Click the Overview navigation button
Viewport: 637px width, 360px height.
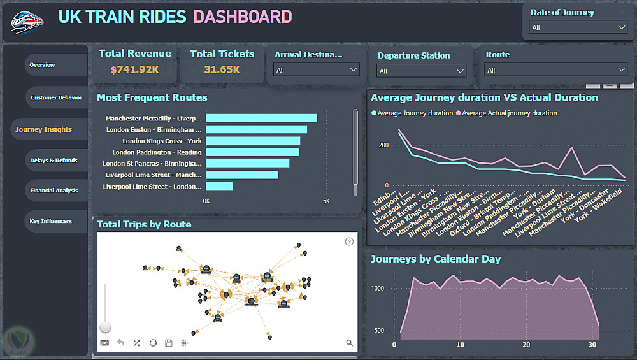[x=43, y=65]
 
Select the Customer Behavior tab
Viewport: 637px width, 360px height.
[x=56, y=97]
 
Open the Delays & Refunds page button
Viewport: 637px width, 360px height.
[x=54, y=161]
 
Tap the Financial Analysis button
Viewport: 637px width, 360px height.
[x=54, y=191]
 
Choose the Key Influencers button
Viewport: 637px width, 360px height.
[x=51, y=222]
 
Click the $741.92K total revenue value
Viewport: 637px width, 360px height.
[x=134, y=69]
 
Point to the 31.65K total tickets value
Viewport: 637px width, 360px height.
[x=222, y=69]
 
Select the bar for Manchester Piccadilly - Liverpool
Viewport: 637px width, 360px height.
[x=261, y=118]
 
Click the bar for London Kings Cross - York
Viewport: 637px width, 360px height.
[x=253, y=141]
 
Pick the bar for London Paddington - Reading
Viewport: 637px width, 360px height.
[x=252, y=152]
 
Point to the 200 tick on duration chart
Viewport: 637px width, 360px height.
[x=383, y=145]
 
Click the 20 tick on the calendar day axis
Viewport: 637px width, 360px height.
[x=526, y=345]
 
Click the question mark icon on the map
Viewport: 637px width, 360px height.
[x=349, y=241]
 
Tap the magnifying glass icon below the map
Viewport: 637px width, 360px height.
[x=349, y=343]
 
